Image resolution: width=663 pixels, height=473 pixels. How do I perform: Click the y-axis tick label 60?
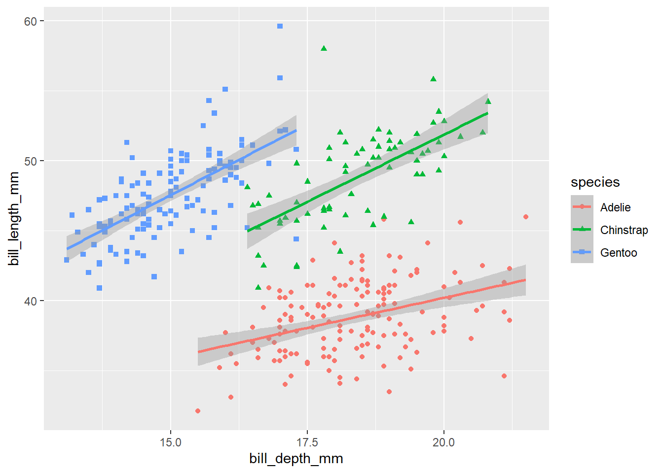[31, 21]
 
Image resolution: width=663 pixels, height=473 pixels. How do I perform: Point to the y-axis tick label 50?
[31, 161]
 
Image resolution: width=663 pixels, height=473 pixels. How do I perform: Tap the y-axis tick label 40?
[31, 301]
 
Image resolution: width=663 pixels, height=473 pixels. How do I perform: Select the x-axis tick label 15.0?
[171, 442]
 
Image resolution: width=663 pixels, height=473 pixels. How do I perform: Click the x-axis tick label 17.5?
[307, 442]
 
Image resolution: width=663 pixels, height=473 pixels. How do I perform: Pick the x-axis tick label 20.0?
[443, 442]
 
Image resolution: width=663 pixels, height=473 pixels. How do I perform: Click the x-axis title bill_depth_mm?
[296, 459]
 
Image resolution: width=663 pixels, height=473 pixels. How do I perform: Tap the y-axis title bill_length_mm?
[14, 218]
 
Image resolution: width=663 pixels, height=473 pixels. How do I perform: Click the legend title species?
[595, 182]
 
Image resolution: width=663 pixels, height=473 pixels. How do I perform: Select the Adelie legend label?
[615, 207]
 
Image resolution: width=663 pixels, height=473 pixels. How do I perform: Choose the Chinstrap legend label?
[624, 230]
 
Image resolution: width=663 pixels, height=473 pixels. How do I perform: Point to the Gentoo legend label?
[619, 253]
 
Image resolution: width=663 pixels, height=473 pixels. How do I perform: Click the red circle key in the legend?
[582, 207]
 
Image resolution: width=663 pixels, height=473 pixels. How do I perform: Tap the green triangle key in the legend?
[582, 230]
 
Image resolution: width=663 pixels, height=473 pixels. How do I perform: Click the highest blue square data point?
[280, 26]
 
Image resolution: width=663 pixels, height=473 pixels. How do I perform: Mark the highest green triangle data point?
[324, 48]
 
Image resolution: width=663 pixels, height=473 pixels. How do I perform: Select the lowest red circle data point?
[198, 411]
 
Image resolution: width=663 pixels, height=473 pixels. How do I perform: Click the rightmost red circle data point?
[526, 217]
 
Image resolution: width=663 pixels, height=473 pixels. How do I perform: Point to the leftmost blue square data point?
[67, 260]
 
